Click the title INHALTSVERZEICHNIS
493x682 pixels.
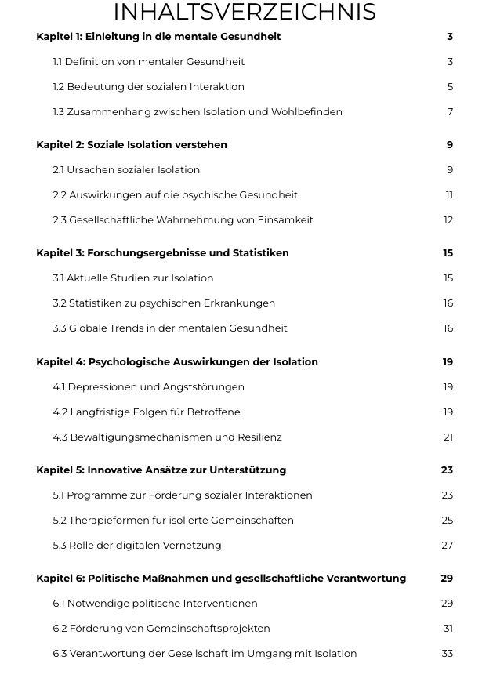(245, 13)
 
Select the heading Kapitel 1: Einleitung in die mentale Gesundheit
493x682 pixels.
(158, 37)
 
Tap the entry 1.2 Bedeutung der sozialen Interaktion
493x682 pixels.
(149, 87)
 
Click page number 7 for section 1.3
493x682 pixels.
(450, 112)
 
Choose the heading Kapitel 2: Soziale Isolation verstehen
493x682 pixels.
(132, 145)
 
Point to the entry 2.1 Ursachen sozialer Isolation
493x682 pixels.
(126, 170)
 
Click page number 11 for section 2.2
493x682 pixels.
(449, 195)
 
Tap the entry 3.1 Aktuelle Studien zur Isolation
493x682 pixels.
(133, 278)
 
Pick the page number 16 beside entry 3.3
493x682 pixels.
(448, 328)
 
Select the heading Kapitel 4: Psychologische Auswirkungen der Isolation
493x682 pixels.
(177, 362)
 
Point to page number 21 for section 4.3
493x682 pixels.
(448, 437)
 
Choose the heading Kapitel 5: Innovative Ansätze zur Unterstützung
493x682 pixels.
(161, 470)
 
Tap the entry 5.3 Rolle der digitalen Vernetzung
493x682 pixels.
(137, 546)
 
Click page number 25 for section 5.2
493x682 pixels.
(448, 521)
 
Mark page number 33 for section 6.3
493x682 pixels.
(448, 654)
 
